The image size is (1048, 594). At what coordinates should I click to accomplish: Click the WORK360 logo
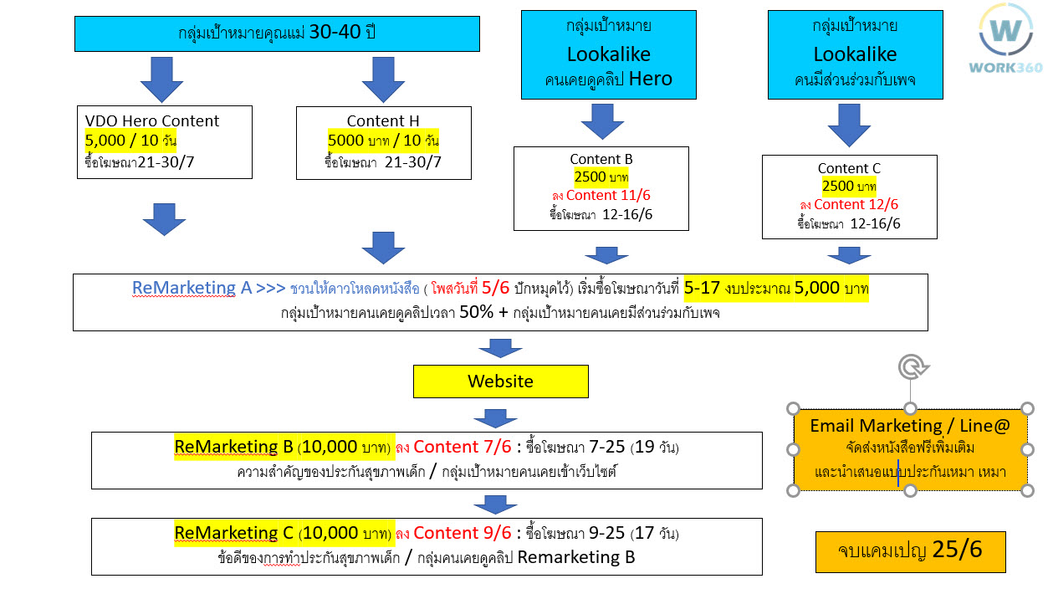click(x=1006, y=38)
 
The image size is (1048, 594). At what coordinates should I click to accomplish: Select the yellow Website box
click(x=501, y=381)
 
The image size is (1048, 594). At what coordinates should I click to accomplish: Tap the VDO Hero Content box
click(x=165, y=142)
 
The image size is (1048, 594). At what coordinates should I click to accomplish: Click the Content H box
click(x=384, y=143)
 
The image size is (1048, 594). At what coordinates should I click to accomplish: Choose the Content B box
click(x=601, y=188)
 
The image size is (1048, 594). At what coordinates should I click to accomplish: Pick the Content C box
click(x=850, y=197)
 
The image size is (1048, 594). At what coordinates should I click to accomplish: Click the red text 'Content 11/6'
click(x=608, y=195)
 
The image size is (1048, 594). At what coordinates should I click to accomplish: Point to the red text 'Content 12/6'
click(x=856, y=204)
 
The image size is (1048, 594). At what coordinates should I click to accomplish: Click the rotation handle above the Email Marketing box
click(x=913, y=367)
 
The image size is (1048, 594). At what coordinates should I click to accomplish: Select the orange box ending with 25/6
click(x=911, y=552)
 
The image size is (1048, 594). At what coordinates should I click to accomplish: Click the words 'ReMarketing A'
click(x=192, y=288)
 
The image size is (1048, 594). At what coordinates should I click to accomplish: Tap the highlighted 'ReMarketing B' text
click(x=233, y=447)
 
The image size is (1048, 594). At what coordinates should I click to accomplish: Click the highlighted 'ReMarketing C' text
click(x=233, y=533)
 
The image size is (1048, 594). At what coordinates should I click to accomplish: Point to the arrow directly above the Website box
click(x=500, y=349)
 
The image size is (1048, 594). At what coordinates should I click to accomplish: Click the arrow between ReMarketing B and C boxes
click(x=495, y=504)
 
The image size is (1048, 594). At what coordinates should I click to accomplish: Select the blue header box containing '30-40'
click(x=277, y=33)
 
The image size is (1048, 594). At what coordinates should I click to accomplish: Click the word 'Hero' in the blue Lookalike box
click(x=651, y=79)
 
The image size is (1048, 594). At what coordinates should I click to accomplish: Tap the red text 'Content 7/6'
click(x=463, y=447)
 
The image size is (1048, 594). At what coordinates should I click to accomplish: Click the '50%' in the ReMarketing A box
click(x=476, y=312)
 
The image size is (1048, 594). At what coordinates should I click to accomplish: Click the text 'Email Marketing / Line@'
click(x=910, y=426)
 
